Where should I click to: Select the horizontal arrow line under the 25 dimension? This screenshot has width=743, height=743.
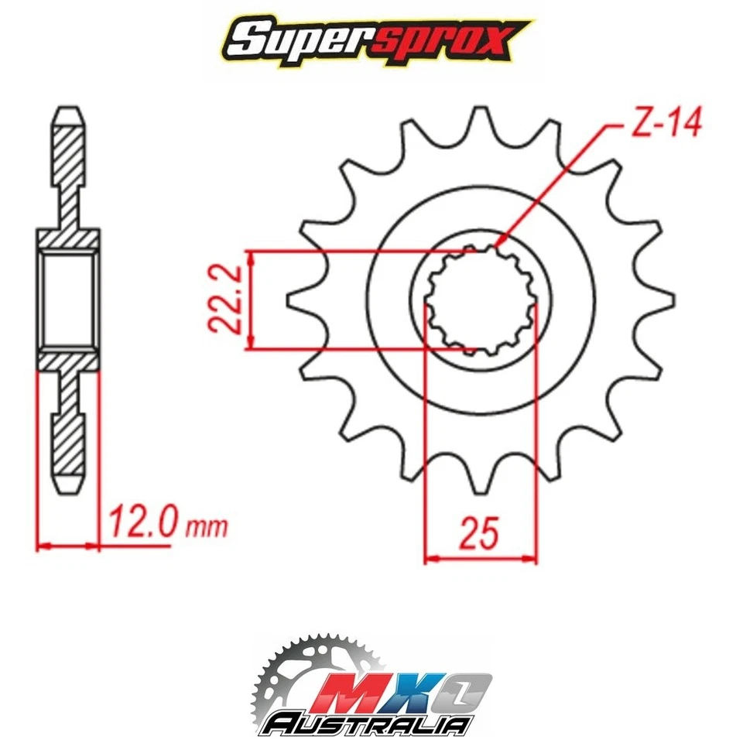pos(480,556)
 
